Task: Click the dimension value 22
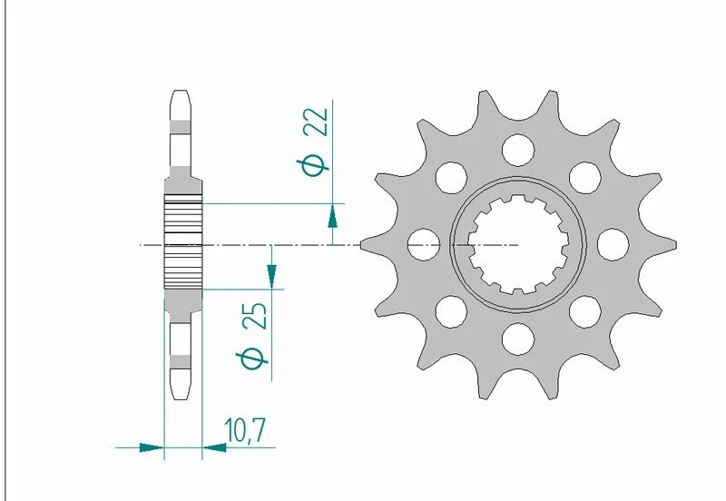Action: [x=316, y=122]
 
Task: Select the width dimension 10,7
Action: [x=243, y=429]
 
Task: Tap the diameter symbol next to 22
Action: [x=315, y=165]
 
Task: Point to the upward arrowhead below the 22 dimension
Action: [x=333, y=216]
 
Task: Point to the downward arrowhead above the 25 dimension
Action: [x=270, y=272]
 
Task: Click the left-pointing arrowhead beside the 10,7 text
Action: [x=213, y=447]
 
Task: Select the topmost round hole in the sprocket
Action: [x=518, y=146]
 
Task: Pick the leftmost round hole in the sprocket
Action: [x=422, y=242]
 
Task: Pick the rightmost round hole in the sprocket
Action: [x=614, y=242]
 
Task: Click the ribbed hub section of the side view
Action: [x=181, y=243]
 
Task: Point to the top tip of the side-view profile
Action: [x=181, y=92]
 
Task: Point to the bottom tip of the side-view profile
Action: [x=181, y=395]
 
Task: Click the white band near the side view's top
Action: [x=181, y=126]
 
